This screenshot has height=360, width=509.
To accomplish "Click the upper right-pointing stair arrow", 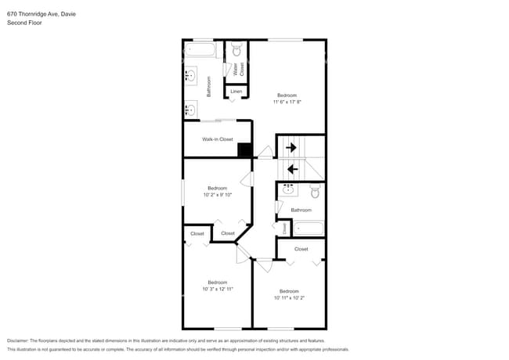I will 291,146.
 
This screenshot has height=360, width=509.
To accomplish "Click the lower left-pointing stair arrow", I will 293,167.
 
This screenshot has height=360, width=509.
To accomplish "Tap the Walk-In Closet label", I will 218,139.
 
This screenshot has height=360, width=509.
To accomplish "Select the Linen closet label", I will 236,92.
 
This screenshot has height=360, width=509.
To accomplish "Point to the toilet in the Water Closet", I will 236,52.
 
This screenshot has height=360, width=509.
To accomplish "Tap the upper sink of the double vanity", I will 190,76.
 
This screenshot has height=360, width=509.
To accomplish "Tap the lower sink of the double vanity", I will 190,110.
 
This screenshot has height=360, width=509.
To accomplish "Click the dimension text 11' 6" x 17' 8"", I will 287,102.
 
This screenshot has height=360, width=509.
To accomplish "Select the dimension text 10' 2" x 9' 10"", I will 217,194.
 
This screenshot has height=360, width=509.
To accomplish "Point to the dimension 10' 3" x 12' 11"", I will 217,289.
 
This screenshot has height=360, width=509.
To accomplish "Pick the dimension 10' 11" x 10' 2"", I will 289,297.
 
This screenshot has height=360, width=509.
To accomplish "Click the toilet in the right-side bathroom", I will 315,191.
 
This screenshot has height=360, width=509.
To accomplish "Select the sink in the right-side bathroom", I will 288,189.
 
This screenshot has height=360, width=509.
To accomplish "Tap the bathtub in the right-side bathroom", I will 308,228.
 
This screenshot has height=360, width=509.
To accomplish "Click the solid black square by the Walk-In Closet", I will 244,151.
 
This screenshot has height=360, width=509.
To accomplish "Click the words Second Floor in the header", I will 24,23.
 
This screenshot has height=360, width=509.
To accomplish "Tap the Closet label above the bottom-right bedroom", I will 301,249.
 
